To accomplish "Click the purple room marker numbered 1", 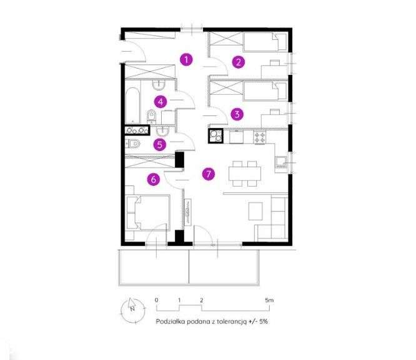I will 186,59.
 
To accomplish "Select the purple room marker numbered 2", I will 237,61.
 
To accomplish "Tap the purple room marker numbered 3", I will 237,114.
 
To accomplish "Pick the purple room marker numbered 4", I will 161,102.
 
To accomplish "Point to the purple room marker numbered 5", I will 161,145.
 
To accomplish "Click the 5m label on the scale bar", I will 269,301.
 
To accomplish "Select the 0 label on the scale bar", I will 156,301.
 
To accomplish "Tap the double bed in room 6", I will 147,213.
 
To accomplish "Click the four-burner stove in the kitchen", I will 259,136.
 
